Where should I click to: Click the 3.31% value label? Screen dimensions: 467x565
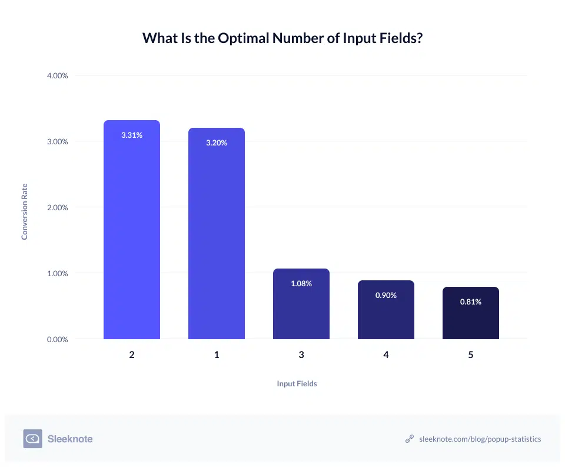pos(132,135)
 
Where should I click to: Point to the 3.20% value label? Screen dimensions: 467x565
pos(217,143)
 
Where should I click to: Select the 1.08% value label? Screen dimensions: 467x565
pos(301,283)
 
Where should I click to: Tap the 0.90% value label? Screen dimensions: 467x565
pos(386,295)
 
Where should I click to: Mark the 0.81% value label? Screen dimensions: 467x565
pos(471,302)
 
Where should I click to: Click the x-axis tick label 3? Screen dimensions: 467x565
pos(301,355)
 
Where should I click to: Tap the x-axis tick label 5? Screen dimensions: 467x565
pos(471,355)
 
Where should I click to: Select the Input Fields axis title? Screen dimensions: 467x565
pos(297,383)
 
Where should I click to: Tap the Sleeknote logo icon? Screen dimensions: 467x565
pos(32,439)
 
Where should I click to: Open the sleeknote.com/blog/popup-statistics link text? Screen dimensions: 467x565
pos(480,439)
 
